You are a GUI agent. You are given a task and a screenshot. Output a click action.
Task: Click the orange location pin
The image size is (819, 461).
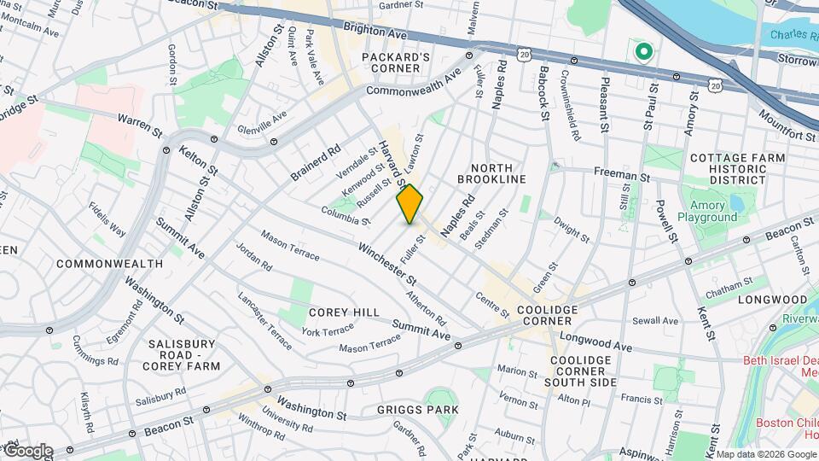410,204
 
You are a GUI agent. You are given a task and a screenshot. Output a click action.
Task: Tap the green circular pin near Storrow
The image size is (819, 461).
642,53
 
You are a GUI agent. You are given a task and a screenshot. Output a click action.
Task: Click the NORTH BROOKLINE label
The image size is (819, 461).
491,173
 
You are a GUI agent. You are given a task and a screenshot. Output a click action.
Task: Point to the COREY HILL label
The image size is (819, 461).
344,312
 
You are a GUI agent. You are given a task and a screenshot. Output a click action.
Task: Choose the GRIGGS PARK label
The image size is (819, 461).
418,410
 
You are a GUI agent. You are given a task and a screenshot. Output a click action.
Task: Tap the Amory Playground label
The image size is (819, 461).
707,211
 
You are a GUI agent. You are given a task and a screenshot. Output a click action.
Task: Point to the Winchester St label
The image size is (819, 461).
386,265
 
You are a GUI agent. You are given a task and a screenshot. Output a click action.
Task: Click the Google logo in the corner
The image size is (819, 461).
27,451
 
